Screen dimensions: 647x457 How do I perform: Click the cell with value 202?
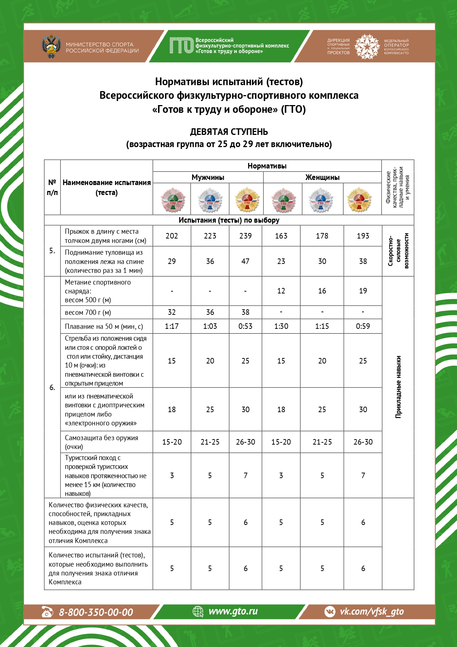point(172,236)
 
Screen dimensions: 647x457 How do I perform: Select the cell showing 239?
point(245,236)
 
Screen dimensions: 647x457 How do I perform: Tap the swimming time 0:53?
point(245,326)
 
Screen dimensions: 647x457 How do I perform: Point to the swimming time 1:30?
point(281,326)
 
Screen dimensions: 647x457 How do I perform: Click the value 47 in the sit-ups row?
point(245,261)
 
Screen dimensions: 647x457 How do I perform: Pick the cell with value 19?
point(363,291)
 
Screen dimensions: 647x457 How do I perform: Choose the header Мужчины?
point(208,177)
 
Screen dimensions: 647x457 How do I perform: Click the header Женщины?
point(322,177)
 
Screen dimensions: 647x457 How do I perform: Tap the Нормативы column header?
point(267,166)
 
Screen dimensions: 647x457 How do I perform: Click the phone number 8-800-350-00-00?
point(96,612)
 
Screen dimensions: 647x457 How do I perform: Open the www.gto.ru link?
point(233,611)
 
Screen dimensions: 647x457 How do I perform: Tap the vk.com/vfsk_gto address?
point(371,612)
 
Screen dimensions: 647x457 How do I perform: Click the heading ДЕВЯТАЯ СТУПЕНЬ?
point(229,132)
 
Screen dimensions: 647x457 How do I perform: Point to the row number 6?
point(52,387)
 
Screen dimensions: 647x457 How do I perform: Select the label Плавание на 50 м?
point(104,326)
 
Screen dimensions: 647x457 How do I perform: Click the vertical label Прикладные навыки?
point(398,387)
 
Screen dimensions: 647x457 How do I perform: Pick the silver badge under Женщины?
point(321,200)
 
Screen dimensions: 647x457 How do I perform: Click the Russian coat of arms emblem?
point(51,46)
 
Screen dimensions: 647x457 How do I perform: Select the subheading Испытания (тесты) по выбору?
point(229,220)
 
